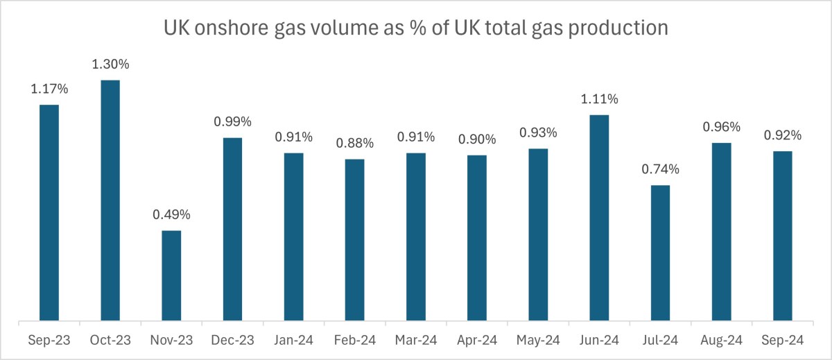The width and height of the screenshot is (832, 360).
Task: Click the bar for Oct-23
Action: [110, 200]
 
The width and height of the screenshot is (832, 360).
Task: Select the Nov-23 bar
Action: [171, 275]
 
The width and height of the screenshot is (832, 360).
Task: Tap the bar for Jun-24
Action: [598, 218]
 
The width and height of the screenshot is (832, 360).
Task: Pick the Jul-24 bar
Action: [660, 253]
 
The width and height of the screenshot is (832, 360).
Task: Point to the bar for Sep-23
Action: [49, 213]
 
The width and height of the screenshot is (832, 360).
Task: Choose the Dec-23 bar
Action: [232, 230]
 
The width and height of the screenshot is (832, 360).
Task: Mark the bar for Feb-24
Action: [354, 240]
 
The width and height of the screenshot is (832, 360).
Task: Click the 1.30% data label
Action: [110, 65]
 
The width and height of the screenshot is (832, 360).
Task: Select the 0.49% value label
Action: [171, 215]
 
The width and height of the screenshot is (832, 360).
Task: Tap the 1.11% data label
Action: [598, 99]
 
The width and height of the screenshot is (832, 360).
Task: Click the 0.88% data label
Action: [354, 144]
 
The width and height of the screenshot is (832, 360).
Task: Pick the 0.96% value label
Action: [721, 127]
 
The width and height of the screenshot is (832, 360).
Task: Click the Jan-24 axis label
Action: [293, 341]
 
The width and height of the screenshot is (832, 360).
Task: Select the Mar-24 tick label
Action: [415, 341]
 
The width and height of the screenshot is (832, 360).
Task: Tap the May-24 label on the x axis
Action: [537, 341]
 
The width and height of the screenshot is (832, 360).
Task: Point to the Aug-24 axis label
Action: [721, 341]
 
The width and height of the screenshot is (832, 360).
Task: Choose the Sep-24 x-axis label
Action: [782, 341]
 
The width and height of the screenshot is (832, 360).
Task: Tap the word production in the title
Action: [616, 28]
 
